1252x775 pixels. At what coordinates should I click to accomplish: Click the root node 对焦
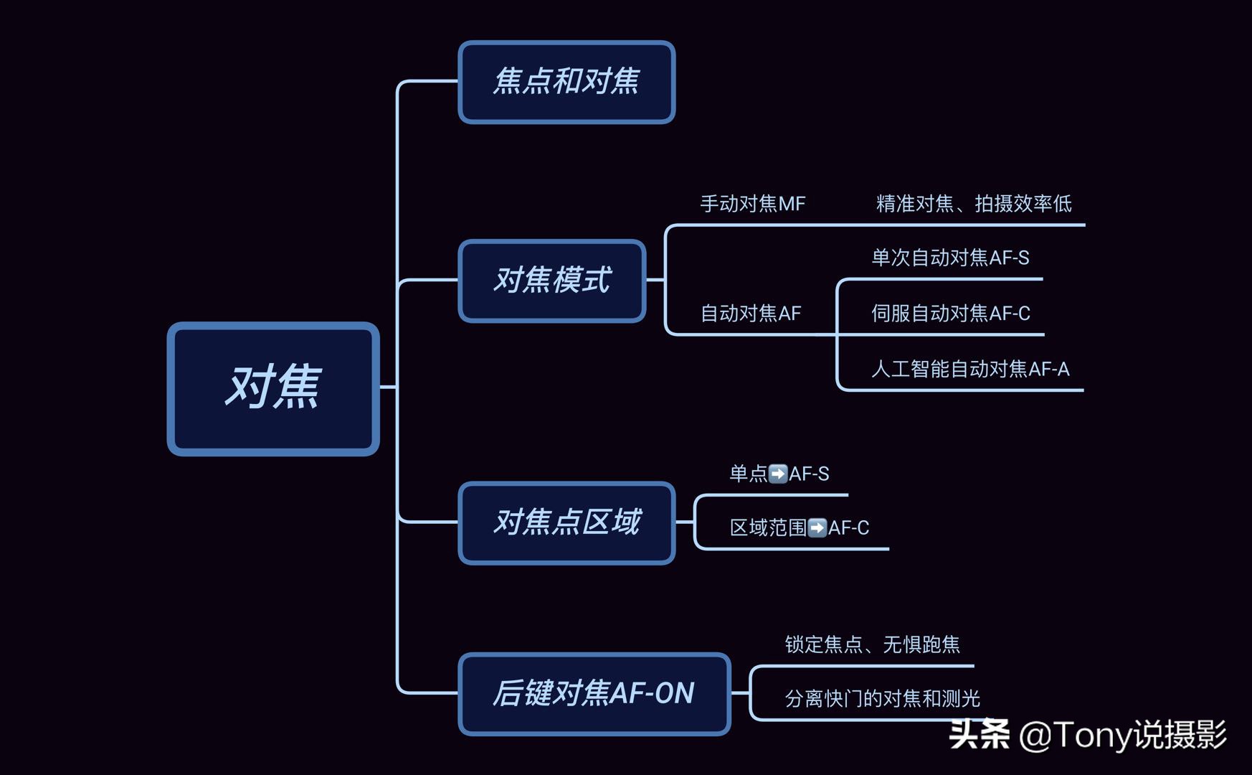pyautogui.click(x=273, y=388)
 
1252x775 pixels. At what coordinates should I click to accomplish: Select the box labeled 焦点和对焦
pyautogui.click(x=566, y=82)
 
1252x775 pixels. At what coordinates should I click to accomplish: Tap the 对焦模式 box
pyautogui.click(x=552, y=281)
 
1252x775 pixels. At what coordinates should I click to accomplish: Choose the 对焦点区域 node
pyautogui.click(x=566, y=522)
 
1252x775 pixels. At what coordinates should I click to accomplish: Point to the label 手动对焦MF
pyautogui.click(x=752, y=204)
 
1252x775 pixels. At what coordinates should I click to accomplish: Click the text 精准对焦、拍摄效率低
pyautogui.click(x=974, y=204)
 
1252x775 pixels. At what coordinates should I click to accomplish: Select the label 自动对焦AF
pyautogui.click(x=750, y=314)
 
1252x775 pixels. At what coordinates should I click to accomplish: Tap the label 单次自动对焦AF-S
pyautogui.click(x=950, y=258)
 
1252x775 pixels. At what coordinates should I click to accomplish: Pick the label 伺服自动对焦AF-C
pyautogui.click(x=950, y=314)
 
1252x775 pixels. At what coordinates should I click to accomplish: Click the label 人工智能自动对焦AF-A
pyautogui.click(x=969, y=370)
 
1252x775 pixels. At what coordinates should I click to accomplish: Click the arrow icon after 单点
pyautogui.click(x=778, y=474)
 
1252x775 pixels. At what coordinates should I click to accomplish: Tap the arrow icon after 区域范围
pyautogui.click(x=817, y=528)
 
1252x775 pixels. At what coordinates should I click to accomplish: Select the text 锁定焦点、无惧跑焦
pyautogui.click(x=872, y=644)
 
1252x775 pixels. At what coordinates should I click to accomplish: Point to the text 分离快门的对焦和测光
pyautogui.click(x=882, y=698)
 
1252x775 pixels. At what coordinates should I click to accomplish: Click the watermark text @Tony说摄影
pyautogui.click(x=1122, y=736)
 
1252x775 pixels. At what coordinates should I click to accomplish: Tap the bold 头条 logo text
pyautogui.click(x=979, y=735)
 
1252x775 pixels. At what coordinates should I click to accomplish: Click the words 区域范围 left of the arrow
pyautogui.click(x=768, y=528)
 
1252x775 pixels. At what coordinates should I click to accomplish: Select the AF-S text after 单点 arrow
pyautogui.click(x=809, y=474)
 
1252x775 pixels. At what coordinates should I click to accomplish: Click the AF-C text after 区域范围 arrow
pyautogui.click(x=848, y=528)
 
